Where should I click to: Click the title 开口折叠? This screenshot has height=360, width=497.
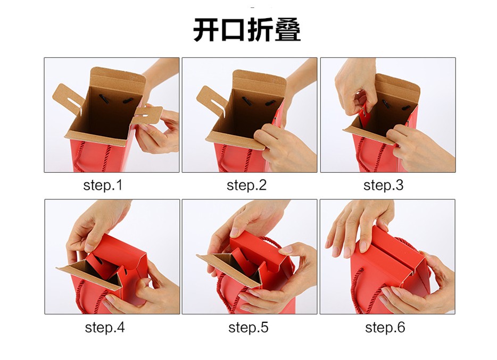(247, 30)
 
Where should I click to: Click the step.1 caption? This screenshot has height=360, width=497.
(103, 186)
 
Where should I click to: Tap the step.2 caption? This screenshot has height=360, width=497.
(246, 186)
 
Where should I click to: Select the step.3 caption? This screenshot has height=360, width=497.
(383, 186)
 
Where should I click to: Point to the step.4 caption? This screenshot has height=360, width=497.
(105, 328)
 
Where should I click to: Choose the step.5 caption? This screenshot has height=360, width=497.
(248, 328)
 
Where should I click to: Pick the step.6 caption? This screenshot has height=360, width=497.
(385, 328)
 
